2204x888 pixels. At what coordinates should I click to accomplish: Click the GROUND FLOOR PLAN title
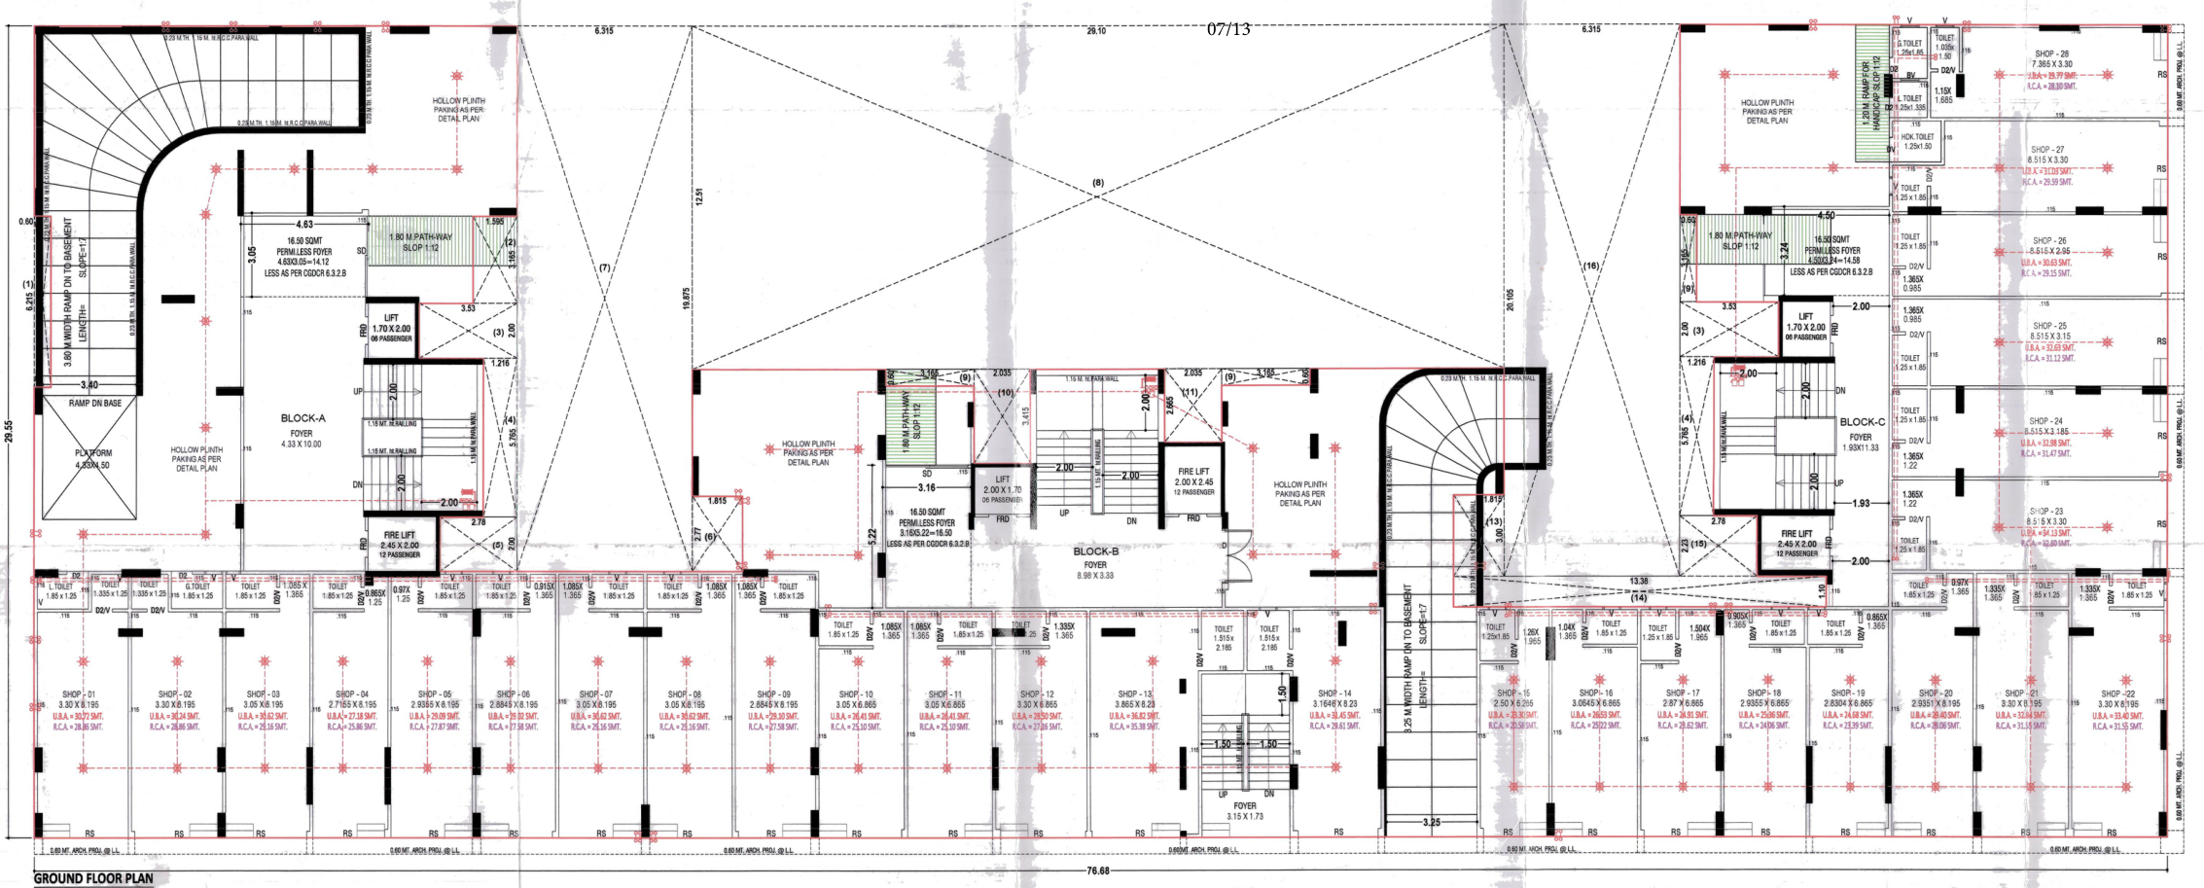(x=93, y=878)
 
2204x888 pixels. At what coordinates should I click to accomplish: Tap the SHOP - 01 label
(x=79, y=694)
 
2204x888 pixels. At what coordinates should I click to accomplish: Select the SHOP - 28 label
(x=2051, y=54)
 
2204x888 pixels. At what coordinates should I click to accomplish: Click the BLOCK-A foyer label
(x=302, y=418)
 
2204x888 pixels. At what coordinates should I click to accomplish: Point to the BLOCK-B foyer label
(x=1095, y=551)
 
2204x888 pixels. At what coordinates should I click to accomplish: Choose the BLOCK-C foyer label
(x=1862, y=422)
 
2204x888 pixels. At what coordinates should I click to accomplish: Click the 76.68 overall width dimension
(x=1097, y=870)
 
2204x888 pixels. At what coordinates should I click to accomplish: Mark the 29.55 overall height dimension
(x=10, y=430)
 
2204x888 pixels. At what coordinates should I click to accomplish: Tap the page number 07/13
(x=1228, y=29)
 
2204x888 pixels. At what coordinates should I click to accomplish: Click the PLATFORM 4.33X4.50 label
(x=93, y=458)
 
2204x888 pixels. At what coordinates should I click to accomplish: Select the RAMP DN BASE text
(x=95, y=403)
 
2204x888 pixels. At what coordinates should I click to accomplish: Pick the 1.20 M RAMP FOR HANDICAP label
(x=1870, y=93)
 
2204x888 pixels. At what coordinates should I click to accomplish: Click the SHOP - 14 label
(x=1334, y=693)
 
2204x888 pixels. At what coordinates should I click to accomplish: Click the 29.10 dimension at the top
(x=1096, y=31)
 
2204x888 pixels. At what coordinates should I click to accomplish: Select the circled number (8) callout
(x=1098, y=183)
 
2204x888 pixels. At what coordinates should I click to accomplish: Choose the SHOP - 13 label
(x=1134, y=693)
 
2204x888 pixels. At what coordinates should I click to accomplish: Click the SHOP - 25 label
(x=2049, y=326)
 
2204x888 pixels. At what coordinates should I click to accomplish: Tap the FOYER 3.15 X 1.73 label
(x=1244, y=810)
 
